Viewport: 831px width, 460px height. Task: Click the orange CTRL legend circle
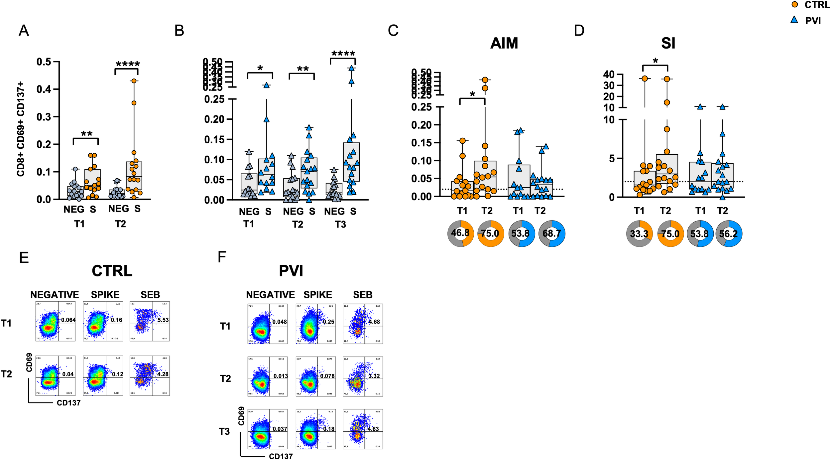(794, 5)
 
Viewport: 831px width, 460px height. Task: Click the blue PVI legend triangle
(794, 20)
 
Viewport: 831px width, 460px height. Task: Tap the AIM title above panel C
(504, 43)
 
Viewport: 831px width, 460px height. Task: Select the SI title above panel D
(668, 43)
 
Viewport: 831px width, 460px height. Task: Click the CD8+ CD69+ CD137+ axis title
(21, 129)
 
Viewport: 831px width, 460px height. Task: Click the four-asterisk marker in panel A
(128, 64)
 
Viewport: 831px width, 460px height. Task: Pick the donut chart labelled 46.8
(460, 233)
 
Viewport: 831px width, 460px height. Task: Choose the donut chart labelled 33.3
(639, 233)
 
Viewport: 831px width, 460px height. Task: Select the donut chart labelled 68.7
(552, 233)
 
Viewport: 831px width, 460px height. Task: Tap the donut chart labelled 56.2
(729, 233)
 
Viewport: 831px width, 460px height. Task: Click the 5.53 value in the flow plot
(163, 320)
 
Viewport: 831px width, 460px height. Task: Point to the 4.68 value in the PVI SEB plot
(374, 322)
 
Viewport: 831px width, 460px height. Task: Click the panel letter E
(24, 258)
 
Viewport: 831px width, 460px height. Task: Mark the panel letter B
(179, 31)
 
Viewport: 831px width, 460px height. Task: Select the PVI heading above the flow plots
(291, 271)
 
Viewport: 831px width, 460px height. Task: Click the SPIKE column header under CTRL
(105, 295)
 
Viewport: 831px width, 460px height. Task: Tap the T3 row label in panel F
(224, 432)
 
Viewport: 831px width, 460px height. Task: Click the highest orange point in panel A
(134, 81)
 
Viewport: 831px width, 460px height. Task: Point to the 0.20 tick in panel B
(214, 119)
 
